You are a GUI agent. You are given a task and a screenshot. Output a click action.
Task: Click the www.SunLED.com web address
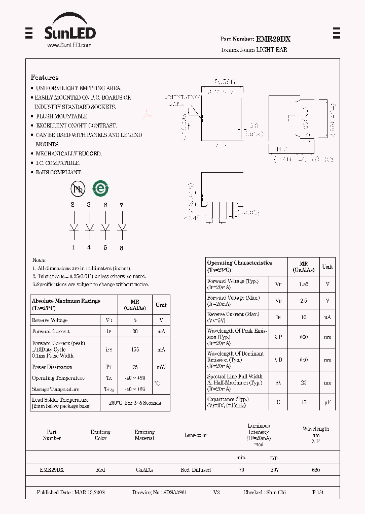click(69, 45)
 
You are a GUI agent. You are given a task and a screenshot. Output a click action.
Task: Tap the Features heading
click(45, 78)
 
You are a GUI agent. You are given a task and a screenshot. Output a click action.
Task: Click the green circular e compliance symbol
click(100, 189)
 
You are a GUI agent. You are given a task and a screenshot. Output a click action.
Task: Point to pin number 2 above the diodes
click(73, 205)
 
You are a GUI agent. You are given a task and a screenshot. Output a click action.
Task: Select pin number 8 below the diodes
click(122, 248)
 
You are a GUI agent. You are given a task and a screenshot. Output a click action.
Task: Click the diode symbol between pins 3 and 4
click(89, 227)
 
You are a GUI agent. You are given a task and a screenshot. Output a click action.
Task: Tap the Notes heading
click(39, 260)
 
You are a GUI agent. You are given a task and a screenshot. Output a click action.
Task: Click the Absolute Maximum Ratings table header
click(66, 304)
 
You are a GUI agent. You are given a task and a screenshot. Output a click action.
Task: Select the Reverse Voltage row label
click(50, 320)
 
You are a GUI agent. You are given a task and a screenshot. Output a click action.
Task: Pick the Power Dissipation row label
click(52, 367)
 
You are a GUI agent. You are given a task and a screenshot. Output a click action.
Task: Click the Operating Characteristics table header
click(240, 266)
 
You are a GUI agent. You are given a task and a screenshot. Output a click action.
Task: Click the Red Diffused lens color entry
click(196, 470)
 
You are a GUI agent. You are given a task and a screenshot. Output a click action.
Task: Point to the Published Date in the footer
click(70, 493)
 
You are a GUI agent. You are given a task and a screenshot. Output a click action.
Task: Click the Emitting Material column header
click(144, 435)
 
